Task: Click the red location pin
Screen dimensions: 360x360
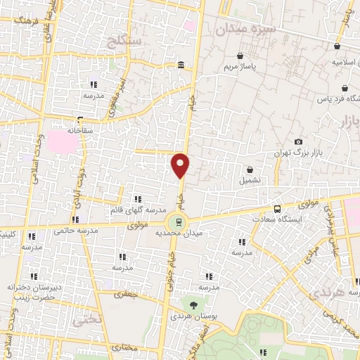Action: pos(181,165)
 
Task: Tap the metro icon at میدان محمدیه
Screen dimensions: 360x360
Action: pos(180,222)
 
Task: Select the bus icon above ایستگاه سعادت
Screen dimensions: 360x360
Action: pos(276,209)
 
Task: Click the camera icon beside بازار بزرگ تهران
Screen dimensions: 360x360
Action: pos(298,141)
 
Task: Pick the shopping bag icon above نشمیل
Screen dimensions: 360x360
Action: pos(251,169)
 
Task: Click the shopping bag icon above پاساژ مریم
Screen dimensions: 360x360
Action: pos(241,56)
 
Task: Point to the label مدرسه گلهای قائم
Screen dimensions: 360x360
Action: pos(138,210)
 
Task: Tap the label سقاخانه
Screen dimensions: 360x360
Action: pos(80,130)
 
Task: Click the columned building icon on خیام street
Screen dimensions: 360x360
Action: pos(181,66)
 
